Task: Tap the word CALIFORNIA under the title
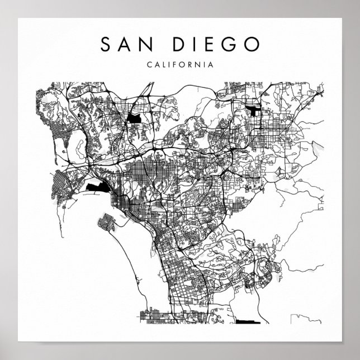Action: pyautogui.click(x=179, y=64)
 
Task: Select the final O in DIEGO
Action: pyautogui.click(x=251, y=45)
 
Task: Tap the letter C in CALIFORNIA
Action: pyautogui.click(x=149, y=64)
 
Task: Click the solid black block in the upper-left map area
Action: pyautogui.click(x=135, y=118)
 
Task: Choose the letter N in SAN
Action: pyautogui.click(x=144, y=45)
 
